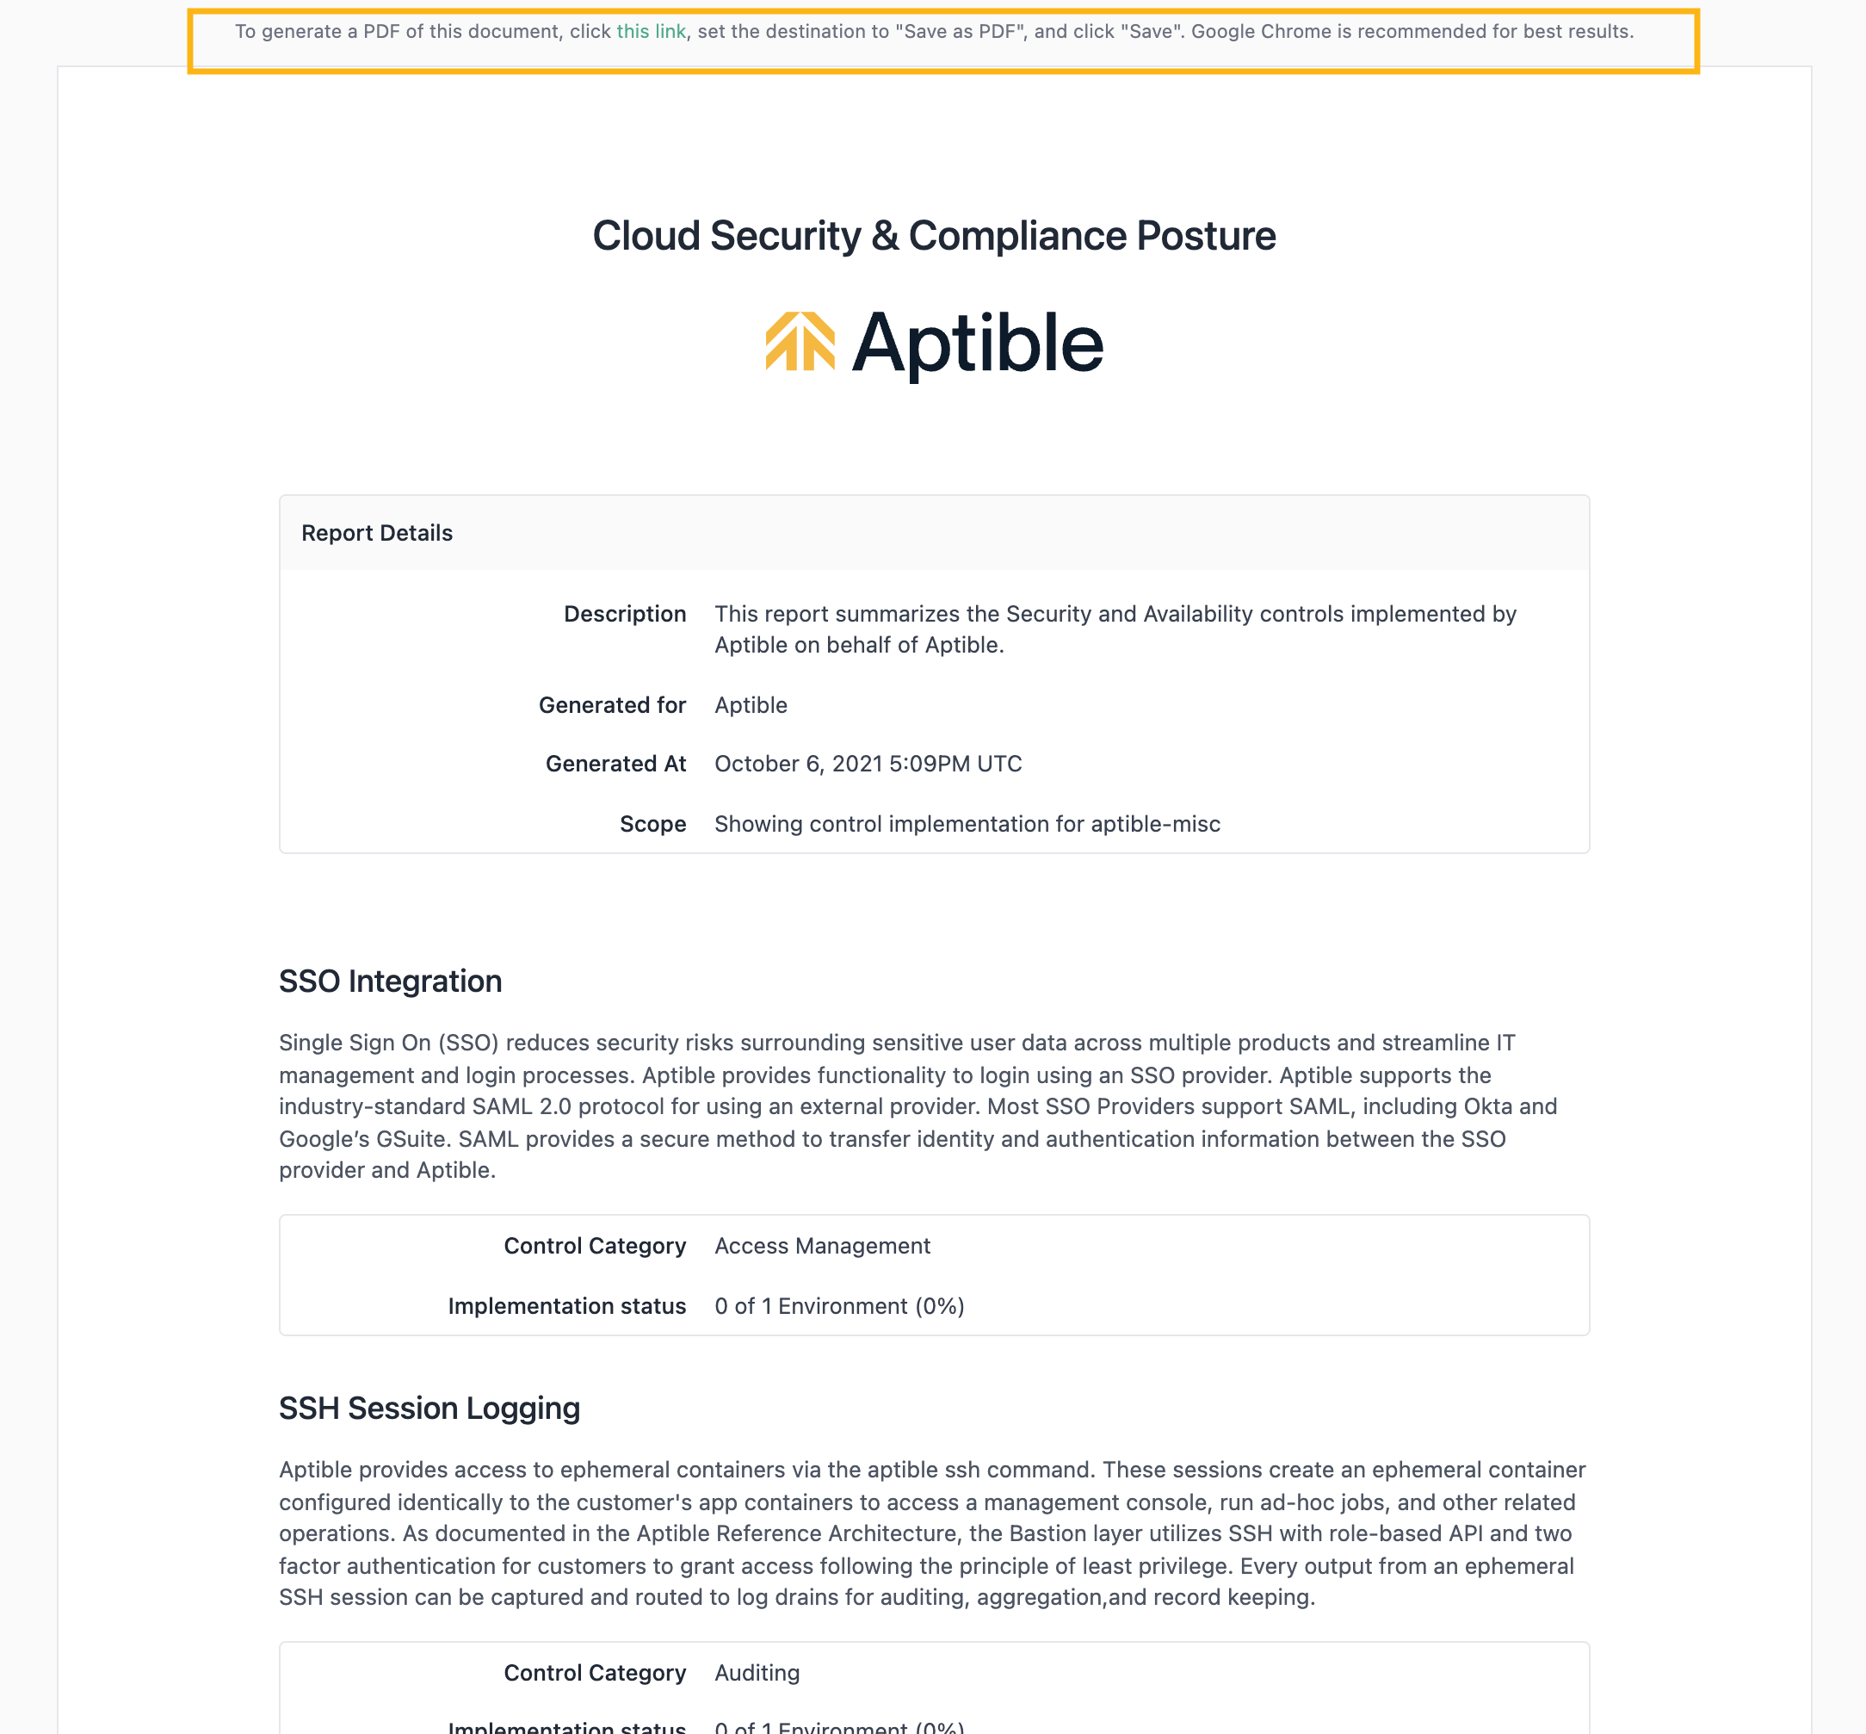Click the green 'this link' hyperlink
click(650, 32)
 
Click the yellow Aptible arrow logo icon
click(800, 342)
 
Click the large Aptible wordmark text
click(977, 344)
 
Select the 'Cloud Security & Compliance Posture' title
click(934, 236)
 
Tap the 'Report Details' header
click(376, 533)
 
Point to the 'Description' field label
click(625, 614)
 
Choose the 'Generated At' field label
click(615, 764)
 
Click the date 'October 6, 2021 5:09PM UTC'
click(868, 764)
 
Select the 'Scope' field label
click(653, 824)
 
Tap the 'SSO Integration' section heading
click(390, 982)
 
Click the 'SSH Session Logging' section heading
click(429, 1409)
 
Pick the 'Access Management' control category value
click(822, 1246)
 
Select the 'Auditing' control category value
click(757, 1673)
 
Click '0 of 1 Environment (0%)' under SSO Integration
click(838, 1306)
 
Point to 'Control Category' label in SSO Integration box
click(595, 1246)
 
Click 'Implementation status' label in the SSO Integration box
click(566, 1306)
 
